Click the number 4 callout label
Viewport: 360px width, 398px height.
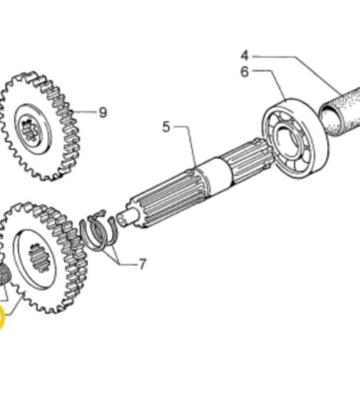(244, 55)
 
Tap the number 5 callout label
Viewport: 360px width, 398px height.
(166, 126)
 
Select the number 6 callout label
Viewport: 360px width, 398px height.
(244, 71)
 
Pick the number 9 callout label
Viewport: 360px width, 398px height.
(102, 113)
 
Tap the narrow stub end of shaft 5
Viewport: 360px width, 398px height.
(132, 214)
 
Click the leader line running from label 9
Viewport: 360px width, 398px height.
(85, 113)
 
